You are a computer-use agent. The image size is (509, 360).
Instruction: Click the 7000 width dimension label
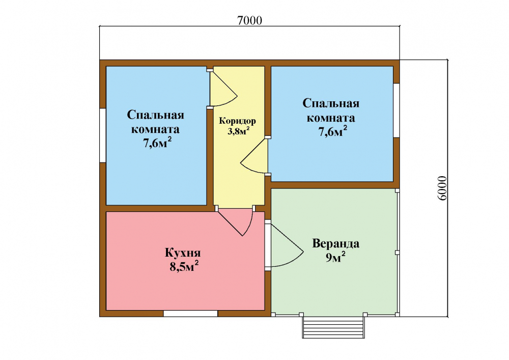pos(249,20)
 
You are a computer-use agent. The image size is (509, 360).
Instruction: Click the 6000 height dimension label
pos(442,188)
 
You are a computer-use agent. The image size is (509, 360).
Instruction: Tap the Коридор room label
pos(237,121)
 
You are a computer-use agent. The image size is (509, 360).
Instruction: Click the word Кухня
pos(183,253)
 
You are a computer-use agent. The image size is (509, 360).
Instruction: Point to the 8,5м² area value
pos(184,266)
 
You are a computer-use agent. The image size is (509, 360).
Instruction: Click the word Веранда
pos(335,243)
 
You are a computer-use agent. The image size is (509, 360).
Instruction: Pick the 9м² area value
pos(335,257)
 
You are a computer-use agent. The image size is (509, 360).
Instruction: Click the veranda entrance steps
pos(333,327)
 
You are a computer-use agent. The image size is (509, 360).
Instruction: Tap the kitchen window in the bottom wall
pos(190,314)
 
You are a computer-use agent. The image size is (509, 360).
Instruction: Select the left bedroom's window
pos(103,135)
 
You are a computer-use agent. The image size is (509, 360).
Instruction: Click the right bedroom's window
pos(397,110)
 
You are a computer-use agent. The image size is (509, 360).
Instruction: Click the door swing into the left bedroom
pos(224,89)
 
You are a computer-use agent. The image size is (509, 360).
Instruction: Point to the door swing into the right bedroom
pos(254,156)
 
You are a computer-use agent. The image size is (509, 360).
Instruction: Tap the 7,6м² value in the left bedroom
pos(157,143)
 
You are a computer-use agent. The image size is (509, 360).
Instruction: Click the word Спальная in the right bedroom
pos(331,103)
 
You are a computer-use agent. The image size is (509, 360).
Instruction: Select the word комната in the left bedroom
pos(155,129)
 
